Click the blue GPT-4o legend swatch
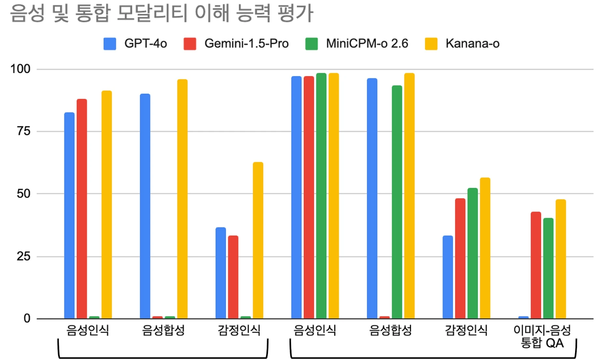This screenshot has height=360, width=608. (110, 43)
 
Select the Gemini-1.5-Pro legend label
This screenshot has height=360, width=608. (246, 43)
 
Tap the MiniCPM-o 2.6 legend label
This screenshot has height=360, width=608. (367, 43)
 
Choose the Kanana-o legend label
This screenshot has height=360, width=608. (472, 43)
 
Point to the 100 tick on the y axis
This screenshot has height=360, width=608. (20, 69)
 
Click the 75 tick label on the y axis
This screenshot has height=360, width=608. (24, 131)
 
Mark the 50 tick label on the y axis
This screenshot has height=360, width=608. (24, 194)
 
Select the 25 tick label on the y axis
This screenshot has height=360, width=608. (24, 256)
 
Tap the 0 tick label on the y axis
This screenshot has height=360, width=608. (27, 319)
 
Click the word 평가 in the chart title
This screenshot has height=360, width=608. (296, 13)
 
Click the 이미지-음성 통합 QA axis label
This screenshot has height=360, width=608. (542, 336)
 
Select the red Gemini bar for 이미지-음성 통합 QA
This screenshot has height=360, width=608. (536, 265)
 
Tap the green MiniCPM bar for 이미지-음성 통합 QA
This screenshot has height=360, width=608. (548, 268)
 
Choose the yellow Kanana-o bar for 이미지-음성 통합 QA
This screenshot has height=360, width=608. (561, 259)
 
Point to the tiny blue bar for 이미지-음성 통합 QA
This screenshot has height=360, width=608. (524, 317)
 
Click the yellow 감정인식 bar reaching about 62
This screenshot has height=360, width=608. (258, 240)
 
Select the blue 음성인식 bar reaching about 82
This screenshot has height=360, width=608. (69, 215)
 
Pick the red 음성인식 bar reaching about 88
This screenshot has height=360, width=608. (82, 208)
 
